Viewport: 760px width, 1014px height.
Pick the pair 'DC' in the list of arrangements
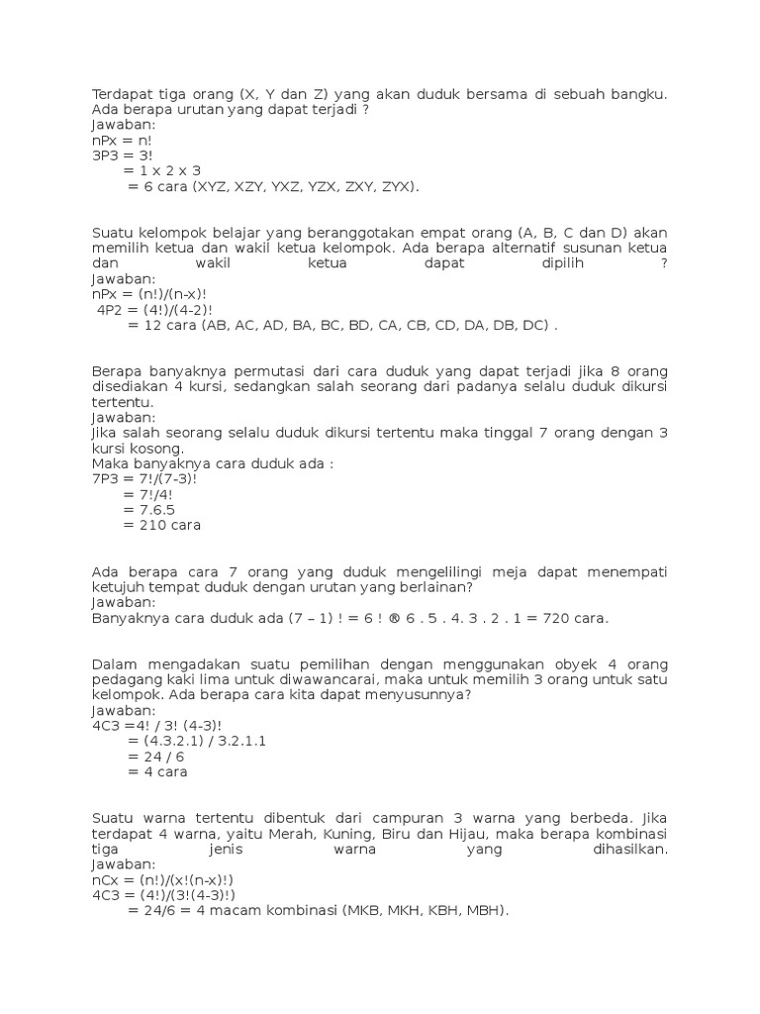(534, 326)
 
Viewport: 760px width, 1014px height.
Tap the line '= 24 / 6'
(156, 757)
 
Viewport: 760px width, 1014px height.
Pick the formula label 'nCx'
(105, 880)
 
